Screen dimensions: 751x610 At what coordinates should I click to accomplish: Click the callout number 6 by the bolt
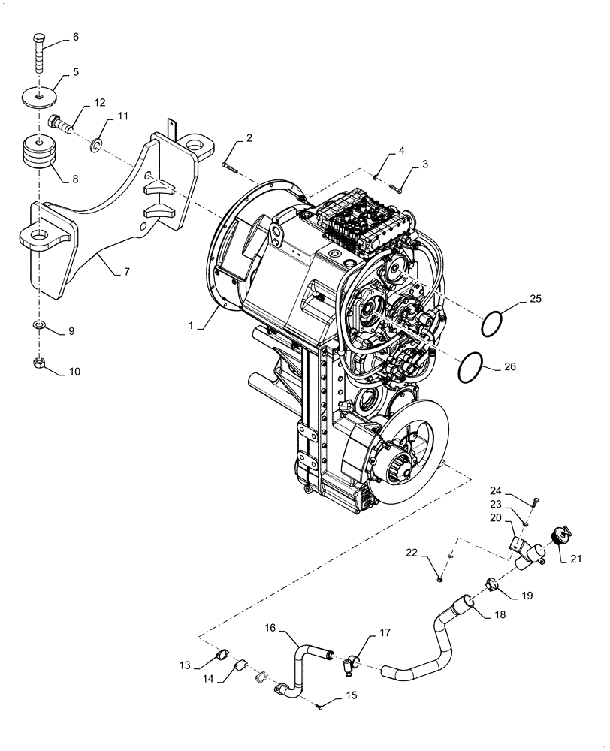coord(76,37)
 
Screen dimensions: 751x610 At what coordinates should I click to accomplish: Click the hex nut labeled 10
coord(40,364)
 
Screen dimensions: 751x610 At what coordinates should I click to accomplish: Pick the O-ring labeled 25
coord(491,324)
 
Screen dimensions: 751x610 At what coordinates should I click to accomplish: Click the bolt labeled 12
coord(59,122)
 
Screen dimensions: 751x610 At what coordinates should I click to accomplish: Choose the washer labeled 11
coord(97,143)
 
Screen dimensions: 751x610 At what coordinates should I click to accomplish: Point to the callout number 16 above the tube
coord(270,628)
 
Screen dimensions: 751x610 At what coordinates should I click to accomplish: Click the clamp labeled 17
coord(350,662)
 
